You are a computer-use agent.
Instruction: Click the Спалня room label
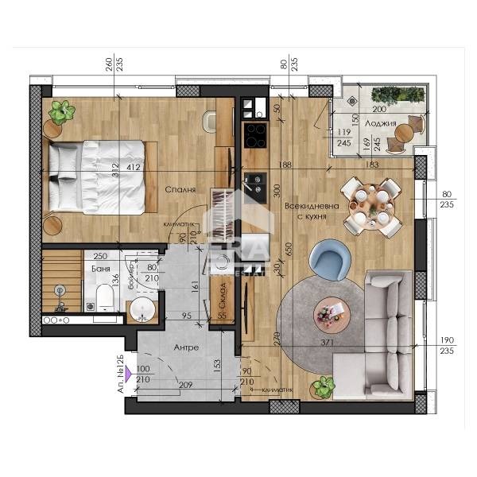coord(182,190)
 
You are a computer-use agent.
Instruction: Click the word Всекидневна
coord(312,206)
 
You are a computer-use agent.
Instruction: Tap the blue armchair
coord(329,260)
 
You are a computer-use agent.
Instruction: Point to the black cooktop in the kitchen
coord(256,136)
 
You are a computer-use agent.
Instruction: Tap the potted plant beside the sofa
coord(323,388)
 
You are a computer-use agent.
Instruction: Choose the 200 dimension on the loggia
coord(379,109)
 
